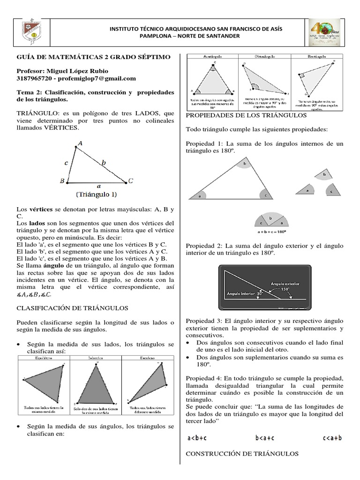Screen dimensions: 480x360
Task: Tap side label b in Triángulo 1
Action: (x=104, y=163)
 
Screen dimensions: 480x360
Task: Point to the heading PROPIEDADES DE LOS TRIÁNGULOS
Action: (x=246, y=115)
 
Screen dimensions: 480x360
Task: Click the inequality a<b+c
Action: (x=197, y=438)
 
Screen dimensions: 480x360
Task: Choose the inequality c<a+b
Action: (x=332, y=438)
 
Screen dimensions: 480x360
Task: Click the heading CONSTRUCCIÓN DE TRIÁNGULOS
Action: (x=242, y=454)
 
